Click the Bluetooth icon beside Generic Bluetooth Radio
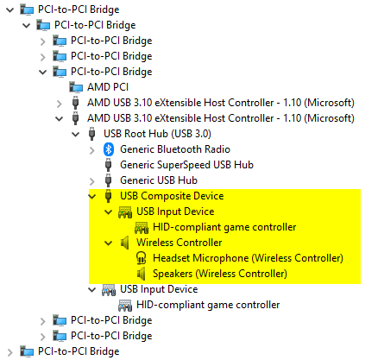click(109, 149)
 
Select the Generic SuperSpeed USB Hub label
click(186, 165)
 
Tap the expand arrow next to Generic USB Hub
click(92, 181)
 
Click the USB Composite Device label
click(172, 196)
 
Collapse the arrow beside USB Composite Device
click(92, 197)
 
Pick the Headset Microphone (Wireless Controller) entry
click(248, 258)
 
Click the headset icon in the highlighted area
click(141, 258)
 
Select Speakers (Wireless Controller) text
click(220, 274)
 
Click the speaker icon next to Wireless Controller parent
click(124, 243)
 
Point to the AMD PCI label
click(108, 87)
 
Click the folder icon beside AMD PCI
click(76, 87)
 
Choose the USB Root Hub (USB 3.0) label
click(157, 134)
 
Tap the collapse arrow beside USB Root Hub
click(76, 135)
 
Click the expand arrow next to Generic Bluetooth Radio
click(92, 150)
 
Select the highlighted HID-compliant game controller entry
click(224, 227)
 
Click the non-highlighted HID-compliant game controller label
click(208, 305)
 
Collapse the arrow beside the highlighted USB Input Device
click(109, 212)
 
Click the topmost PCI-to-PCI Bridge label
click(79, 9)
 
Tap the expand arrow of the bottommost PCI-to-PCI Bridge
click(10, 352)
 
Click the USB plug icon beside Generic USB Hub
click(108, 180)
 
